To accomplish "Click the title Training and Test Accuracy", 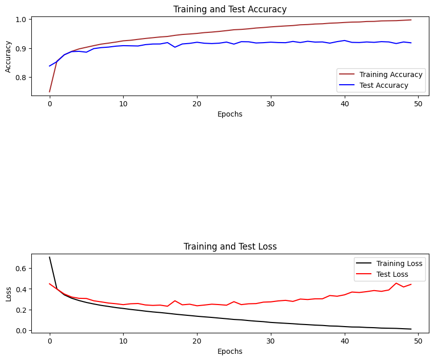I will pyautogui.click(x=230, y=9).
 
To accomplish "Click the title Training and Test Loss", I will pyautogui.click(x=230, y=247).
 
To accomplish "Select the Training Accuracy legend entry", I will pyautogui.click(x=390, y=75).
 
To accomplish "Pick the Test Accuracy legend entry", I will pyautogui.click(x=384, y=85).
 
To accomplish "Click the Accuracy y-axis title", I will pyautogui.click(x=9, y=56).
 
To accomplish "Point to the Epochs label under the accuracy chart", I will pyautogui.click(x=230, y=114).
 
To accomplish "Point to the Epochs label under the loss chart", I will pyautogui.click(x=230, y=351).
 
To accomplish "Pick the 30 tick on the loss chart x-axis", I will pyautogui.click(x=271, y=340).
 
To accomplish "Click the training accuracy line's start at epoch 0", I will pyautogui.click(x=50, y=91).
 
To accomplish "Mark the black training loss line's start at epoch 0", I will pyautogui.click(x=50, y=257).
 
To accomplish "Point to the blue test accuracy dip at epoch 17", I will pyautogui.click(x=175, y=47).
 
